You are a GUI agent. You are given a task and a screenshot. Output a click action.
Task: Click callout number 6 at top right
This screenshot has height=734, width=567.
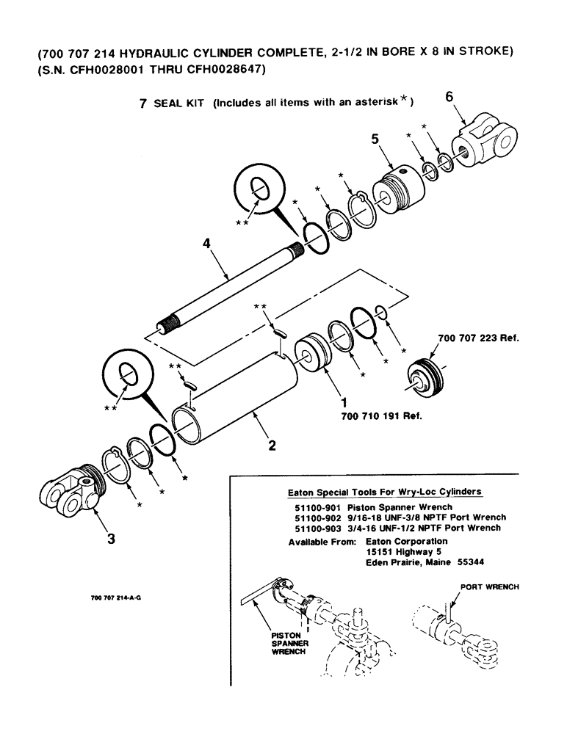(x=449, y=95)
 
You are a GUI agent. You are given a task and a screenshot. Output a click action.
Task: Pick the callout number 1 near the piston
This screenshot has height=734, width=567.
(x=342, y=402)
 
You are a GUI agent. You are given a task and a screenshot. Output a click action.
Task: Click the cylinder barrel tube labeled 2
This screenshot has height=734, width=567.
(x=235, y=404)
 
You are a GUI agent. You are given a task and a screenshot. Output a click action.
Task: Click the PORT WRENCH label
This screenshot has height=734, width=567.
(x=489, y=587)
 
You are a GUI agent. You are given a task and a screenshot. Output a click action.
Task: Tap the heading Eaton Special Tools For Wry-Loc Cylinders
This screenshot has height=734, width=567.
(x=388, y=491)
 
